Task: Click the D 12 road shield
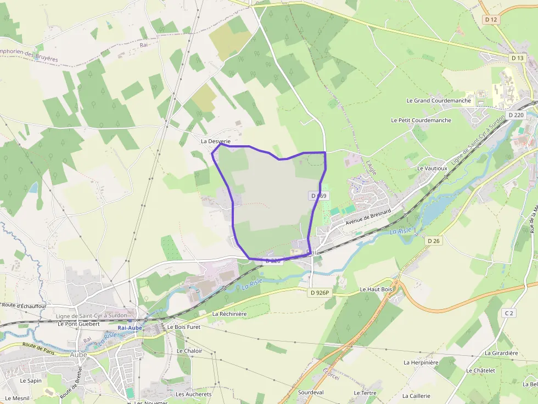click(x=491, y=19)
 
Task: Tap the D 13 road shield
click(x=517, y=58)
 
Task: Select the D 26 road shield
click(x=434, y=241)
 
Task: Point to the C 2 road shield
click(x=509, y=313)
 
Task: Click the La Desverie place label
click(x=215, y=141)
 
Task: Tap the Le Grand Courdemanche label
click(x=439, y=101)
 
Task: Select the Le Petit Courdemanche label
click(x=421, y=120)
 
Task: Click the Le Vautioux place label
click(x=432, y=168)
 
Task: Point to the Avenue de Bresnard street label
click(x=368, y=217)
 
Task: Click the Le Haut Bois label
click(x=376, y=289)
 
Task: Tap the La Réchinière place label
click(x=229, y=314)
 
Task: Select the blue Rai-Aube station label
click(x=130, y=328)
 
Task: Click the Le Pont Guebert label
click(x=79, y=324)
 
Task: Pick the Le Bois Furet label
click(x=184, y=327)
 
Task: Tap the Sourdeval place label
click(x=311, y=392)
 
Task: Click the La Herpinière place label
click(x=421, y=362)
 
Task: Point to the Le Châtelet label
click(x=480, y=371)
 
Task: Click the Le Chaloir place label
click(x=189, y=351)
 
